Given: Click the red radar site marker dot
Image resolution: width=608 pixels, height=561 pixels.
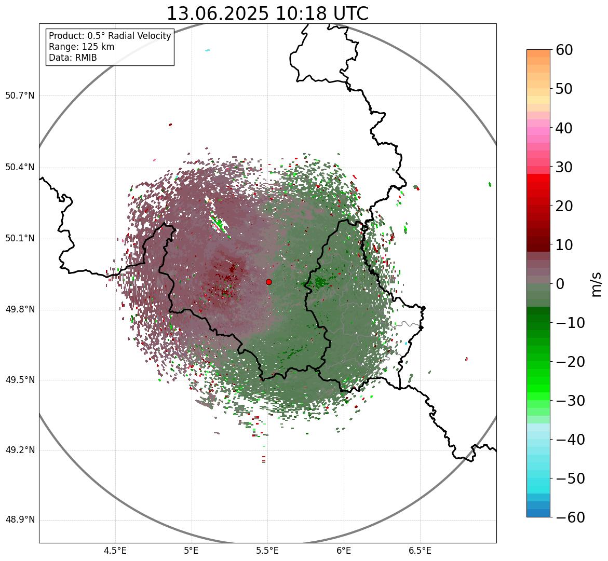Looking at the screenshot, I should pos(269,282).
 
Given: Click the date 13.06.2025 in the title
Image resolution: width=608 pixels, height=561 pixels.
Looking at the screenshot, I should pos(218,14).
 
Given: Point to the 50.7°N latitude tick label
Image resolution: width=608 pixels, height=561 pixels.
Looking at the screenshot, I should pos(20,96).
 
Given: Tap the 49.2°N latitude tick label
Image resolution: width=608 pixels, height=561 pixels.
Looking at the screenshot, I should pos(20,450).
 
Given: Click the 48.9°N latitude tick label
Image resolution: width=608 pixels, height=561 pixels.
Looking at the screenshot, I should pos(20,520).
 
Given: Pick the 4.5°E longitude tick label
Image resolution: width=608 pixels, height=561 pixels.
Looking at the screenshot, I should pos(115,551).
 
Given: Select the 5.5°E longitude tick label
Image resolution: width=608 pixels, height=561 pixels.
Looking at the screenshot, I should pos(267,551).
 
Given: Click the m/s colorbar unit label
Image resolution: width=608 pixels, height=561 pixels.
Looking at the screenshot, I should pos(597,284).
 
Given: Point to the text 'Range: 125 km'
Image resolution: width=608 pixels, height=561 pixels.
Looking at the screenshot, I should pos(82,47).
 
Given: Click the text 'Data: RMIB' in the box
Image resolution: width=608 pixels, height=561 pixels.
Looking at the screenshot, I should pos(73,58).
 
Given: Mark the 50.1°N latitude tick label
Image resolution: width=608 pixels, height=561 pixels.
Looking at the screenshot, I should pos(20,239).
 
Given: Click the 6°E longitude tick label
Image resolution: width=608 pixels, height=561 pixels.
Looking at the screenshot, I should pos(343,551).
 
